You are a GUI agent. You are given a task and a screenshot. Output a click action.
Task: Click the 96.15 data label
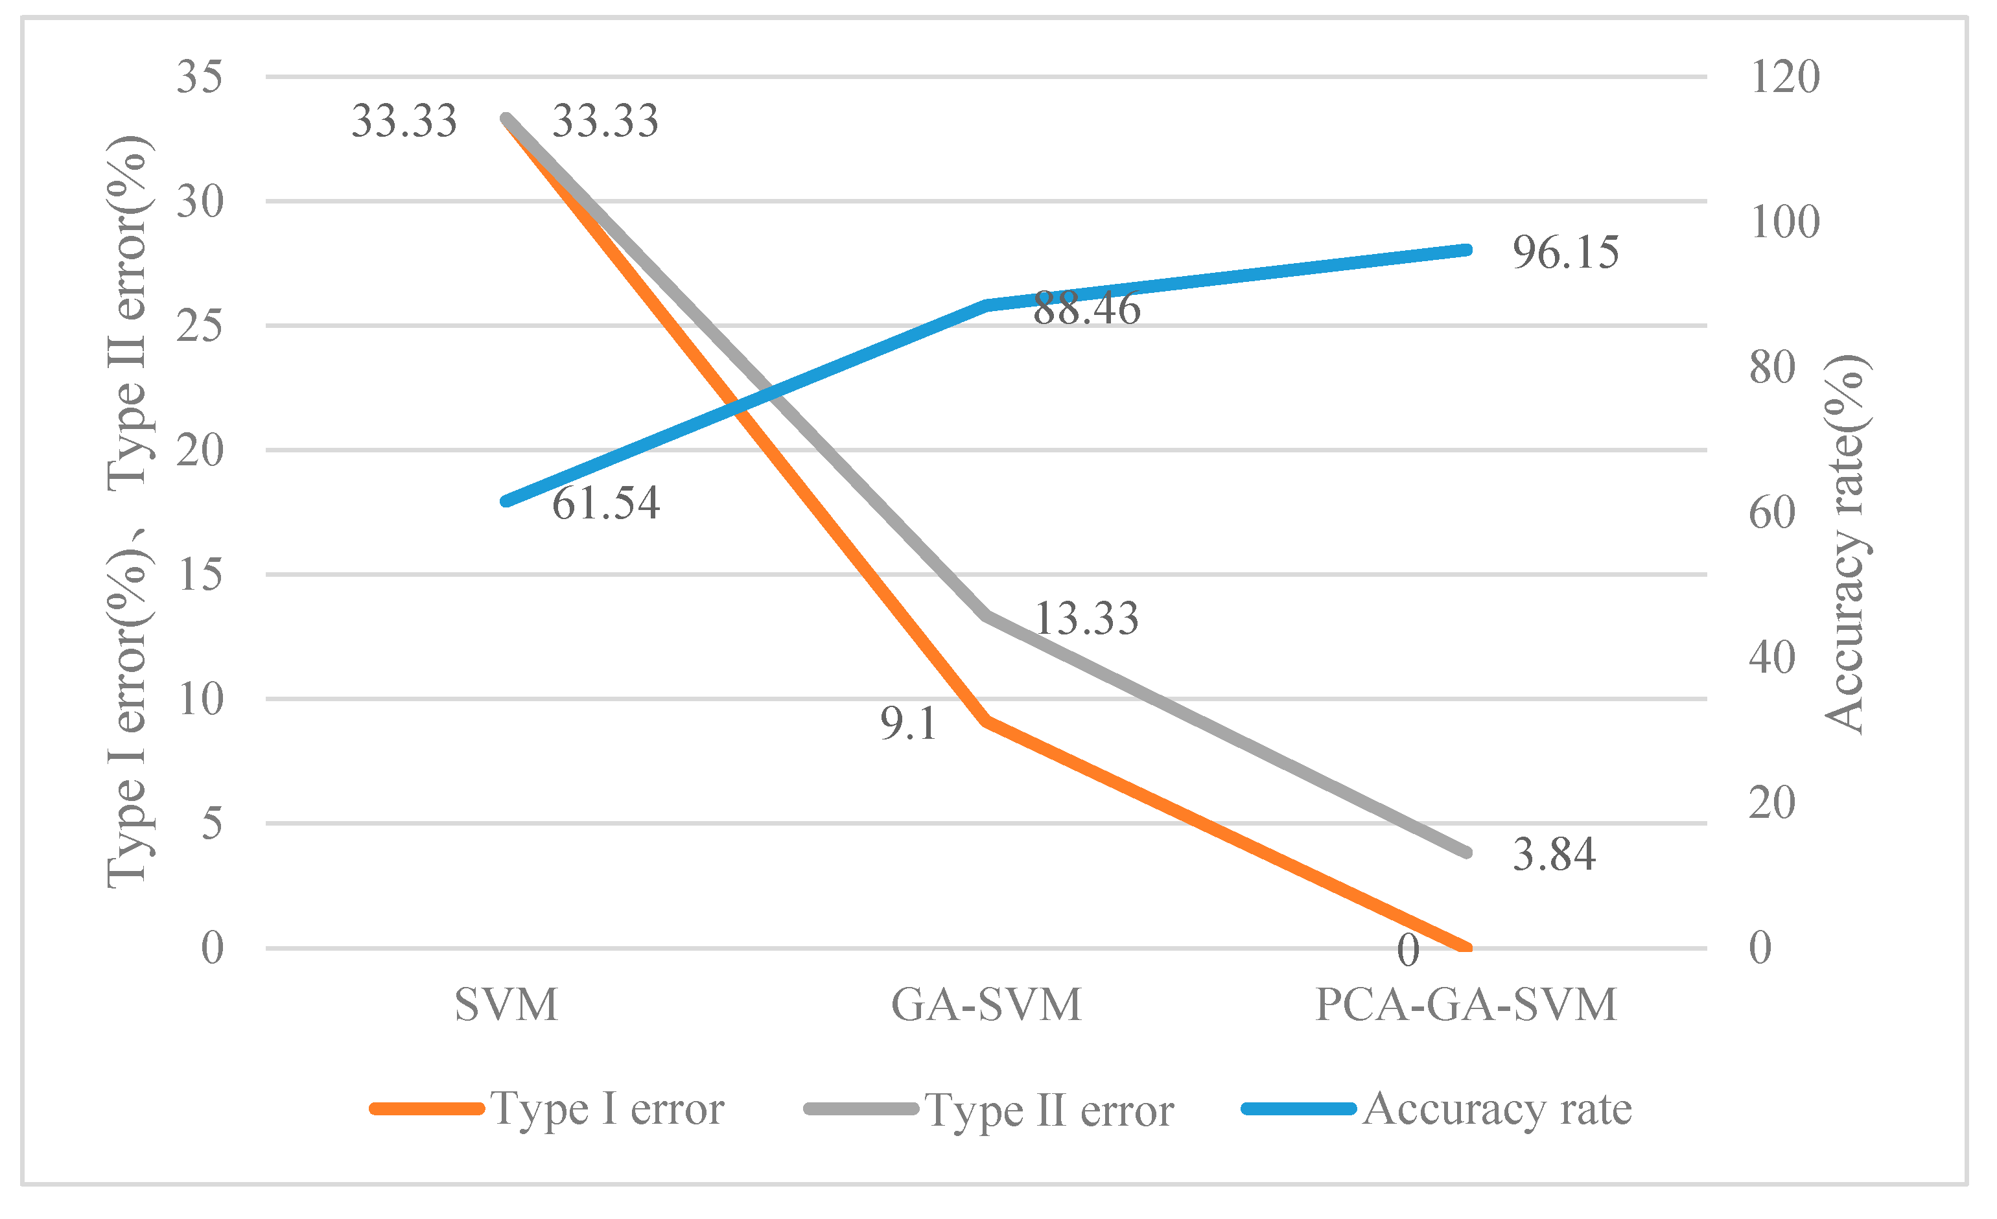[x=1565, y=252]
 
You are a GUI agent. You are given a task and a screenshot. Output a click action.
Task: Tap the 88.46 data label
[x=1086, y=309]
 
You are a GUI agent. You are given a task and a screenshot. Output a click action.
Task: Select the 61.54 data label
[x=606, y=504]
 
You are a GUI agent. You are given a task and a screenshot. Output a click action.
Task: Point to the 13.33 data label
[x=1086, y=618]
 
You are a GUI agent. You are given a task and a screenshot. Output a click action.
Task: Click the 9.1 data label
[x=909, y=724]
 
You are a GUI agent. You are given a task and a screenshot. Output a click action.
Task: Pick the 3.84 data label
[x=1554, y=855]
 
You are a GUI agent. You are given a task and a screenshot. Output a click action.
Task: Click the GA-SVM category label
[x=987, y=1005]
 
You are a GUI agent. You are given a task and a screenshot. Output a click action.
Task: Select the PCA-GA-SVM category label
[x=1466, y=1005]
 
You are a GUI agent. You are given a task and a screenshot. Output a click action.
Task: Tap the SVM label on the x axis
[x=507, y=1005]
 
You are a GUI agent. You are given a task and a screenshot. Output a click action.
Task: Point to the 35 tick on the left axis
[x=200, y=78]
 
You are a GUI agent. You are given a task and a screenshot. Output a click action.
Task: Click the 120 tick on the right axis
[x=1784, y=78]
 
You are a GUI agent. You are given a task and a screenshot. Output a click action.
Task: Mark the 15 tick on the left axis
[x=200, y=575]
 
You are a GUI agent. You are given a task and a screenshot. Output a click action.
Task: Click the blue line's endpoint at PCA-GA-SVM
[x=1466, y=250]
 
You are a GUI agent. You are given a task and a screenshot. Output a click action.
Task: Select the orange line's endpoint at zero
[x=1466, y=947]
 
